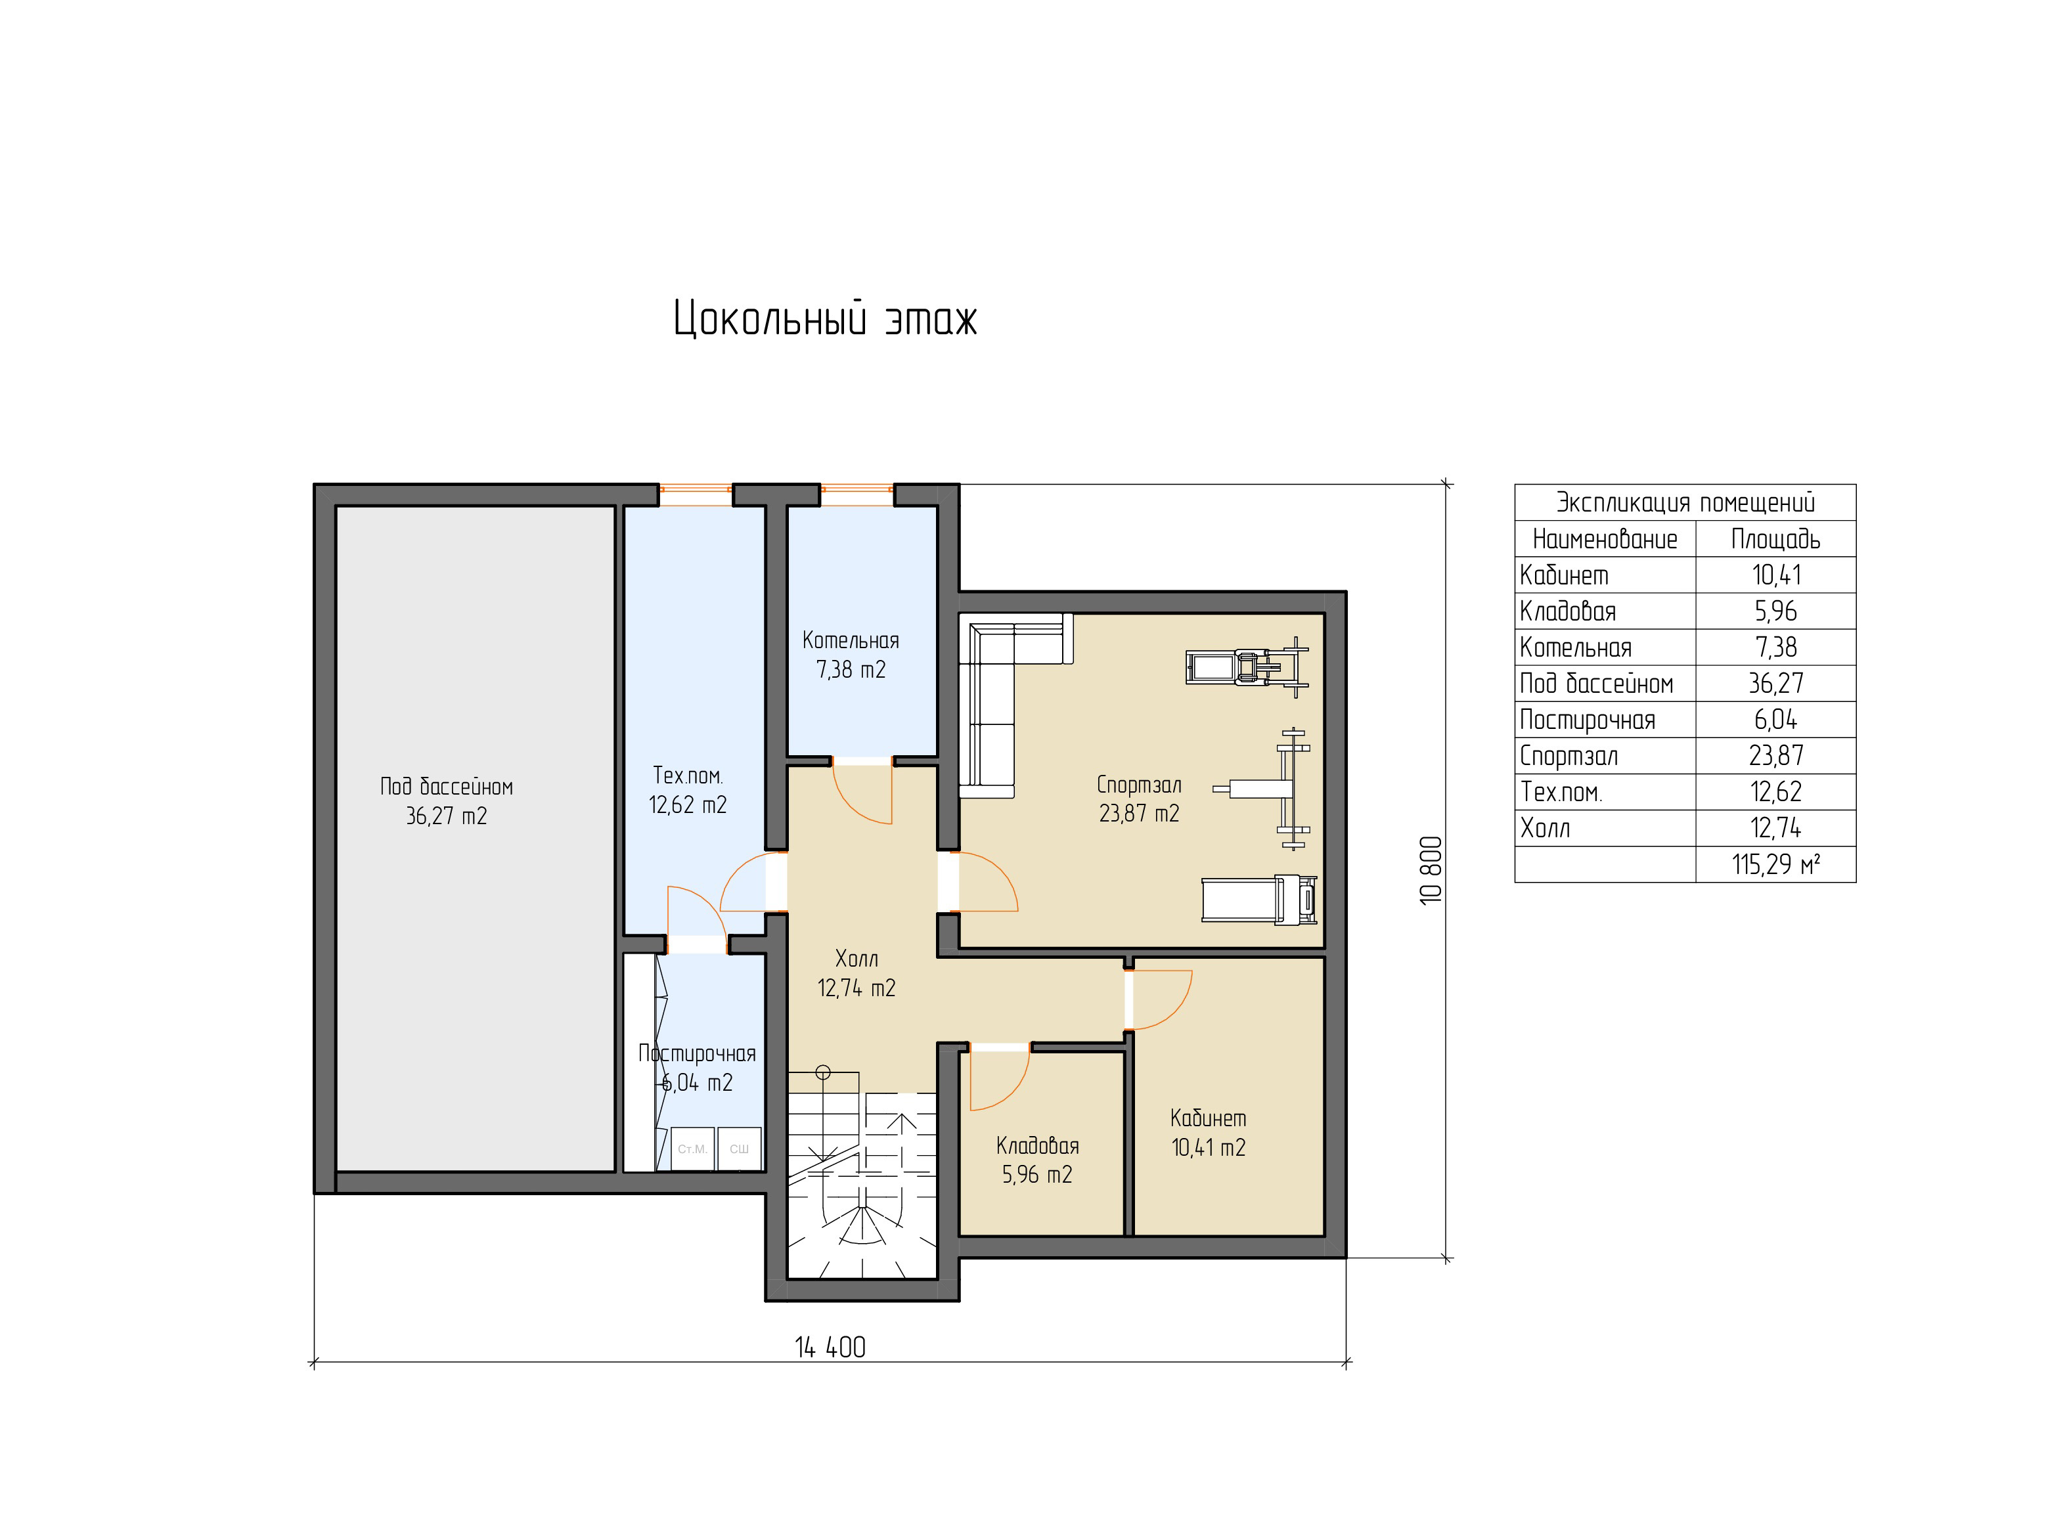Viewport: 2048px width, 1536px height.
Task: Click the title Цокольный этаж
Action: pyautogui.click(x=825, y=318)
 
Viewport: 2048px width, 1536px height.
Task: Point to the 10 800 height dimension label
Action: pyautogui.click(x=1431, y=870)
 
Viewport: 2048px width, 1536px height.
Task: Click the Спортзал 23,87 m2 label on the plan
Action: pyautogui.click(x=1139, y=798)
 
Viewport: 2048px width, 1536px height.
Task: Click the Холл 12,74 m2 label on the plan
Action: pyautogui.click(x=857, y=973)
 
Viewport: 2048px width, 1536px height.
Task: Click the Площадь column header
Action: pyautogui.click(x=1776, y=539)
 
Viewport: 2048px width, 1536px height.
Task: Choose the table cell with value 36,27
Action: pyautogui.click(x=1776, y=683)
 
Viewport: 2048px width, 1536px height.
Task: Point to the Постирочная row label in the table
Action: pyautogui.click(x=1588, y=719)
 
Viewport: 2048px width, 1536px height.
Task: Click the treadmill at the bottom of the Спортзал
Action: pyautogui.click(x=1259, y=899)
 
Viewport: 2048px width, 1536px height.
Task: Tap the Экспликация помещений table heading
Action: pyautogui.click(x=1685, y=503)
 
